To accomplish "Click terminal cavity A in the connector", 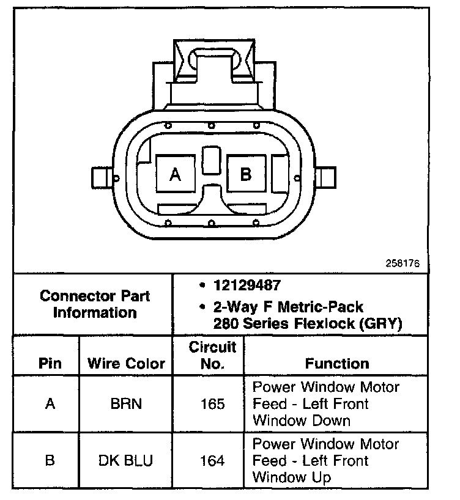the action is (x=176, y=175).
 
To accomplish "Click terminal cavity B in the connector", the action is (x=246, y=174).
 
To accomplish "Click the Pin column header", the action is (x=50, y=364).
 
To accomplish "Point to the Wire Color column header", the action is (x=126, y=364).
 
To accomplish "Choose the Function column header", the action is (x=337, y=364).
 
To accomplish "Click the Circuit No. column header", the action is (x=212, y=356).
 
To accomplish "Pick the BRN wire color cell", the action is (x=126, y=404).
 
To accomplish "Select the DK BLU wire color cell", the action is (x=126, y=460).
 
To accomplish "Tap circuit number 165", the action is (x=212, y=404).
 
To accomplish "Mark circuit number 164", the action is (x=212, y=460).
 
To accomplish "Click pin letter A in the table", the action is (x=50, y=404).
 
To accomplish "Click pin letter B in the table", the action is (x=50, y=460).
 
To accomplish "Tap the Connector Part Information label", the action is (x=95, y=304).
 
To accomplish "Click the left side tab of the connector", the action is (x=100, y=178).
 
